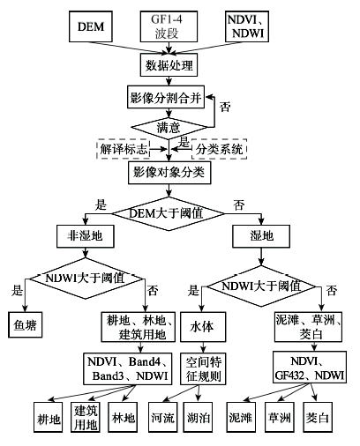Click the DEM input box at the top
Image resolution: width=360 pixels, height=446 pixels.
pos(91,26)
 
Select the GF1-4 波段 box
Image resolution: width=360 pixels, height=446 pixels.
pos(169,26)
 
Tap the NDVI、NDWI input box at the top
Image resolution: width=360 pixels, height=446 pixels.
pos(247,26)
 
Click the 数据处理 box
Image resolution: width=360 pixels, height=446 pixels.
pos(169,65)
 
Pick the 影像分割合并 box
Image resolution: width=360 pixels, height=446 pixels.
pos(166,97)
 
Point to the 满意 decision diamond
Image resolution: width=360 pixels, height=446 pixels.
pos(169,128)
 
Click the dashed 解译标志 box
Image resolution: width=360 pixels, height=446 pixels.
pos(124,149)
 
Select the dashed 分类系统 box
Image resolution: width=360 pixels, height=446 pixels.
pos(219,149)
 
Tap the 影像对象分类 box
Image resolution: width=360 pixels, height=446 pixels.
pos(169,173)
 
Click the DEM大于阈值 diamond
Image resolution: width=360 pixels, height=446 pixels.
pos(169,213)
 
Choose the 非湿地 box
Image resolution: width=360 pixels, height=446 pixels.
pos(86,236)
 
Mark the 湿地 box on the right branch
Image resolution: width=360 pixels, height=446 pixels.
pos(261,236)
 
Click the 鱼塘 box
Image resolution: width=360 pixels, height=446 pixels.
pos(25,324)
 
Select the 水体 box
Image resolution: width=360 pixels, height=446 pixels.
pos(203,327)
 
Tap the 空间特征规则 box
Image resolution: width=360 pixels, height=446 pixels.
pos(203,369)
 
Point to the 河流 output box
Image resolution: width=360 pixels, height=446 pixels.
pos(163,417)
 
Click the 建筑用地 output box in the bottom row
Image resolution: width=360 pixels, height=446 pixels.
pos(86,417)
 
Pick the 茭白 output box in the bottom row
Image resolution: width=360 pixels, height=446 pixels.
pos(318,417)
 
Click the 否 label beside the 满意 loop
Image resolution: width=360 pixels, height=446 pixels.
pos(225,107)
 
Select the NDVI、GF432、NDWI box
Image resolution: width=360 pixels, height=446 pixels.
pos(310,368)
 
